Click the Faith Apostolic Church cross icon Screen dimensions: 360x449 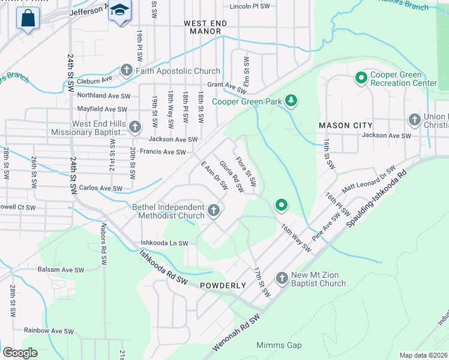(127, 71)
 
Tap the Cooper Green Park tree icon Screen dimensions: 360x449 (291, 101)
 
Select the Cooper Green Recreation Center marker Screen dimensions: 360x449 (361, 77)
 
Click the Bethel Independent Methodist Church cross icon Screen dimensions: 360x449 (214, 211)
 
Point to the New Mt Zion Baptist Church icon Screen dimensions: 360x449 (282, 278)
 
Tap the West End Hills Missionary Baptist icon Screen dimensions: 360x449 (135, 127)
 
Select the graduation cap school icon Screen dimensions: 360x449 (120, 10)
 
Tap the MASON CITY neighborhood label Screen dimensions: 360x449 (345, 125)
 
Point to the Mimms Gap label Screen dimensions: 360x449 (279, 345)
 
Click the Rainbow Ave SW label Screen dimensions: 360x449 (49, 331)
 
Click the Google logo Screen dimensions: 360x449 (20, 352)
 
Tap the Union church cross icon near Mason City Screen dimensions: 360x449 (414, 119)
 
